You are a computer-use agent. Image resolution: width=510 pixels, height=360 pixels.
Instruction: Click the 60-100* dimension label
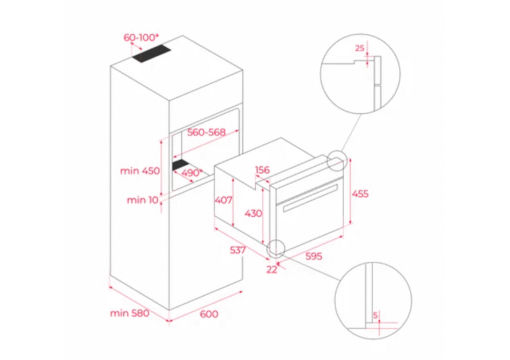click(141, 37)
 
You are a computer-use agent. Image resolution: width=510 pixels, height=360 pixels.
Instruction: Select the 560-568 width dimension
click(206, 132)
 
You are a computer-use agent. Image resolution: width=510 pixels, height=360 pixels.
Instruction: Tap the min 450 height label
click(140, 171)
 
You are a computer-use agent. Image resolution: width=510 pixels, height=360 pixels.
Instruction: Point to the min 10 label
click(142, 200)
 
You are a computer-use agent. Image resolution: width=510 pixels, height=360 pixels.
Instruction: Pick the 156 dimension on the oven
click(262, 170)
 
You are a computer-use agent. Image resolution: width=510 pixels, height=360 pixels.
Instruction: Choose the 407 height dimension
click(223, 200)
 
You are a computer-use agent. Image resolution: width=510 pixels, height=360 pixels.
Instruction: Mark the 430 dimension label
click(253, 213)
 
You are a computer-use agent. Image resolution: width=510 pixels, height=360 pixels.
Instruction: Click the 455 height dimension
click(360, 194)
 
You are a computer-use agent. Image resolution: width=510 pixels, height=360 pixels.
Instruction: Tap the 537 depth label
click(238, 250)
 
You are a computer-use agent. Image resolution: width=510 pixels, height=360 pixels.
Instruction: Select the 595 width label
click(314, 256)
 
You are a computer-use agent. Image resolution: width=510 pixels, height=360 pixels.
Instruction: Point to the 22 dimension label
click(272, 269)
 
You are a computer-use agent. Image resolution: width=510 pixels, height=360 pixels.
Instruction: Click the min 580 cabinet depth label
click(129, 313)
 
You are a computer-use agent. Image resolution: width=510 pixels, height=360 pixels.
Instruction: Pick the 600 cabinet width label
click(209, 314)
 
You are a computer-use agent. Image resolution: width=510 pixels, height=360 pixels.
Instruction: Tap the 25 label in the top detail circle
click(359, 48)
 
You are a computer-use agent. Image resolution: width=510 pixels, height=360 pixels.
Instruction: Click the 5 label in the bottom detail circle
click(375, 315)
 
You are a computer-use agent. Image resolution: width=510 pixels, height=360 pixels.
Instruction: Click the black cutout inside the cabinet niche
click(180, 165)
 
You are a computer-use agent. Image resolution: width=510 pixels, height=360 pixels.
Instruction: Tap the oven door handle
click(310, 197)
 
